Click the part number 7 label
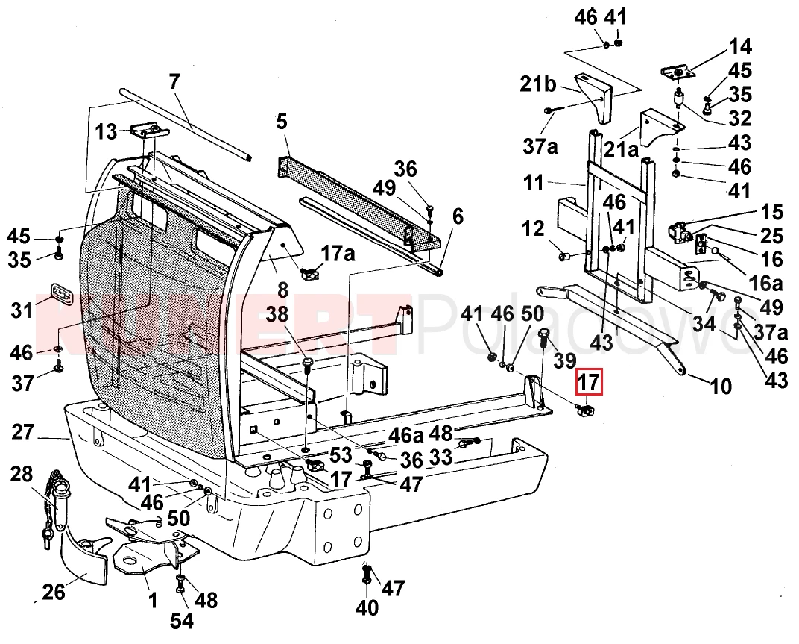pyautogui.click(x=174, y=81)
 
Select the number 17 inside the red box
pyautogui.click(x=589, y=383)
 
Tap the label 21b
pyautogui.click(x=539, y=84)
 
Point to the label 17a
pyautogui.click(x=338, y=253)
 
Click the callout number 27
pyautogui.click(x=24, y=433)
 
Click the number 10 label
pyautogui.click(x=720, y=386)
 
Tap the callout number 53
pyautogui.click(x=341, y=454)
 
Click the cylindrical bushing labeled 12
pyautogui.click(x=566, y=257)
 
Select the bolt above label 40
pyautogui.click(x=366, y=573)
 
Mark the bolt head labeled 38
pyautogui.click(x=308, y=364)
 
